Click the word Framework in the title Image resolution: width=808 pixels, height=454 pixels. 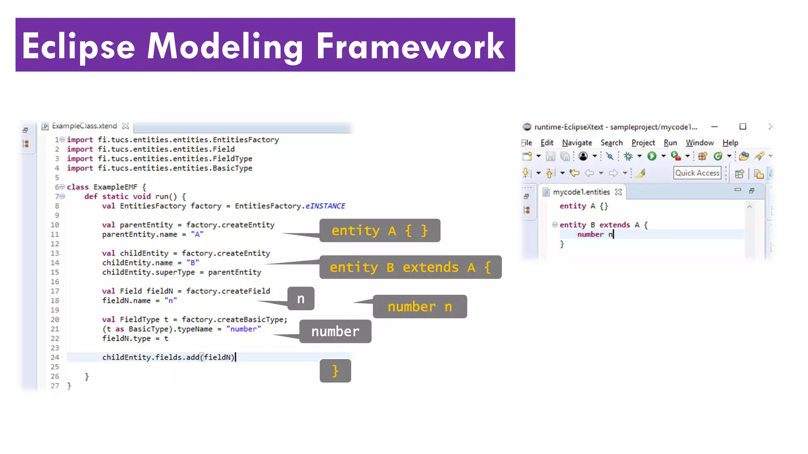[410, 47]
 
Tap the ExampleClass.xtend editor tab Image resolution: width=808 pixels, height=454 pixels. [84, 126]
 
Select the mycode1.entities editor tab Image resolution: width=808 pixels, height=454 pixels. [581, 192]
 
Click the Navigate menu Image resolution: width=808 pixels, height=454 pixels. [577, 143]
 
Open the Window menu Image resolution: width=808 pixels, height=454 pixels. [700, 143]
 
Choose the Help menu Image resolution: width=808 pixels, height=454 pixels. [730, 143]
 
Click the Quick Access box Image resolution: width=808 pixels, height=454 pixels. [697, 173]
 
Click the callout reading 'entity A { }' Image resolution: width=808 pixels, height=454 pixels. [380, 231]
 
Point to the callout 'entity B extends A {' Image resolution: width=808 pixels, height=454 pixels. [410, 267]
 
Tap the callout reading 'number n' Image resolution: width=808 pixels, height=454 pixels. [420, 307]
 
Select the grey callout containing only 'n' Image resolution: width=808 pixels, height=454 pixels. [301, 299]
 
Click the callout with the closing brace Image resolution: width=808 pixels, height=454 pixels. [335, 371]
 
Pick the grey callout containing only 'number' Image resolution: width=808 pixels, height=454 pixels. [335, 331]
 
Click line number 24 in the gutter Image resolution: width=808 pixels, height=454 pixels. [55, 357]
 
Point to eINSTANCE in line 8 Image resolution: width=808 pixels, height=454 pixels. [325, 206]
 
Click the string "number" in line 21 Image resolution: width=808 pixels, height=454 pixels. [243, 329]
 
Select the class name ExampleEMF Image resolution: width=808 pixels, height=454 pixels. [115, 187]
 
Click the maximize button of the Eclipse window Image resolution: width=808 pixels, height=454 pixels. [743, 127]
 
